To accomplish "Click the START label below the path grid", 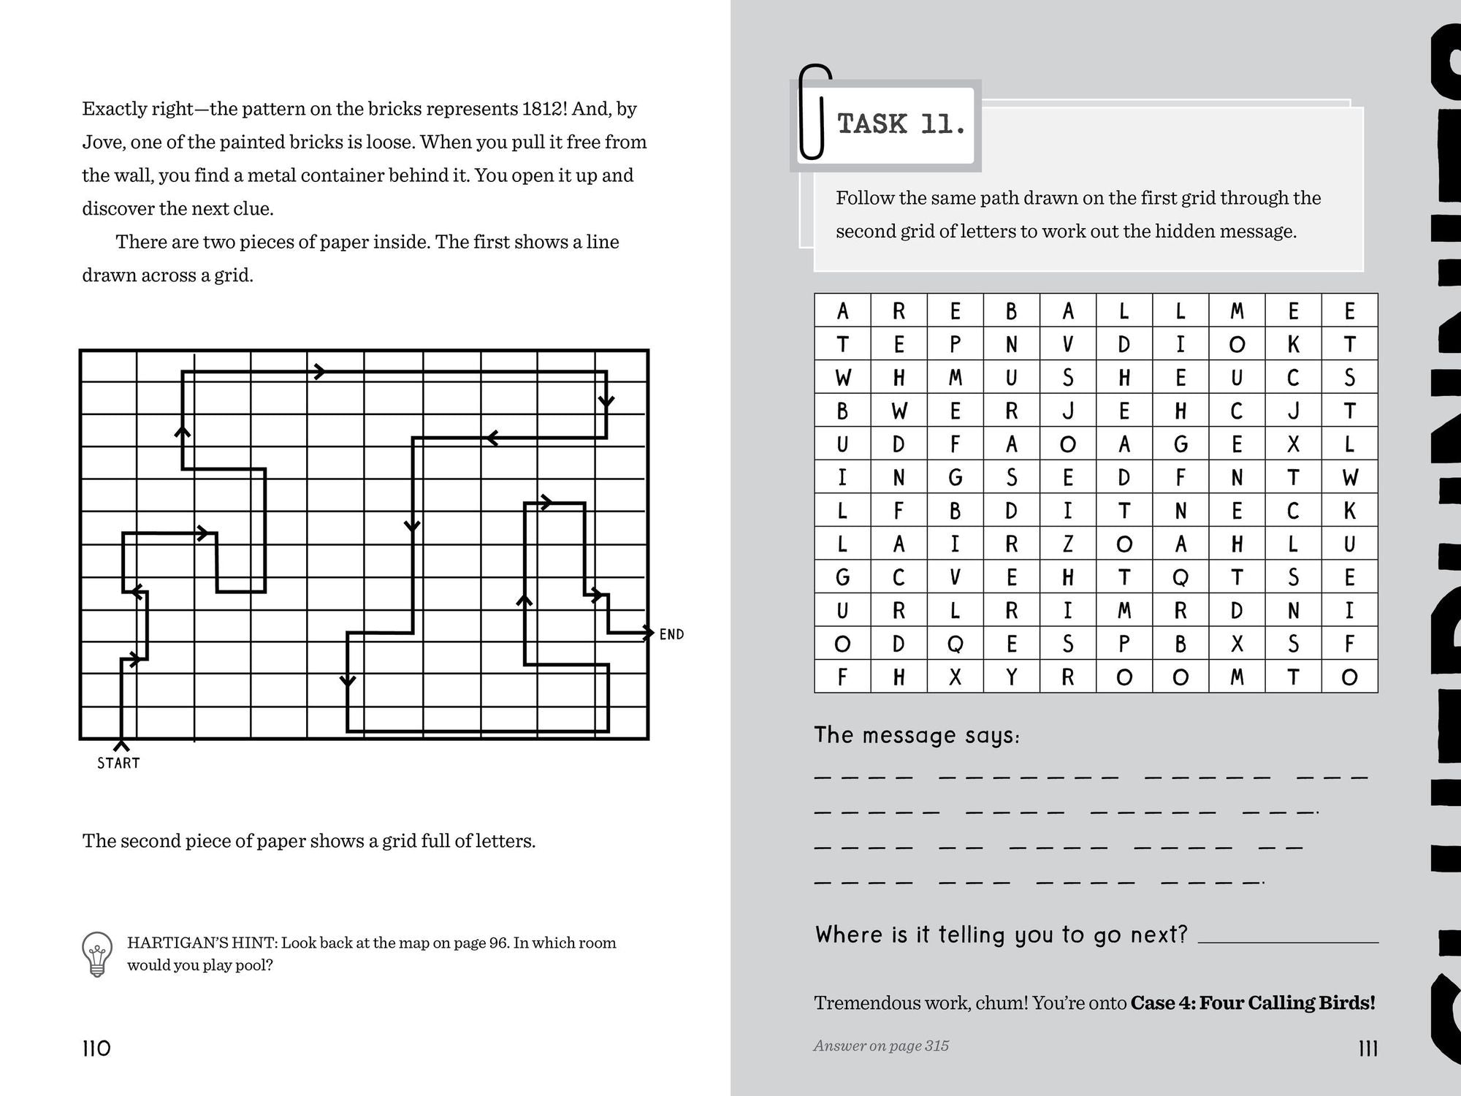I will point(118,763).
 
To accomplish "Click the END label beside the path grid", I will point(671,634).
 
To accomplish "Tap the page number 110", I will point(96,1049).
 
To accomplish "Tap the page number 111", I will point(1367,1049).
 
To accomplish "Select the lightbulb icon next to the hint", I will point(98,954).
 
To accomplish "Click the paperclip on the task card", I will point(814,113).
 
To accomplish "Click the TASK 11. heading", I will point(901,124).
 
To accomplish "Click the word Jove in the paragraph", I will point(102,142).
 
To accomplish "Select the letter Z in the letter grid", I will point(1067,544).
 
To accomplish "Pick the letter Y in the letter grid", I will point(1011,677).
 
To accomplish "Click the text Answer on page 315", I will point(881,1046).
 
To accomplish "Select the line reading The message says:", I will point(917,734).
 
